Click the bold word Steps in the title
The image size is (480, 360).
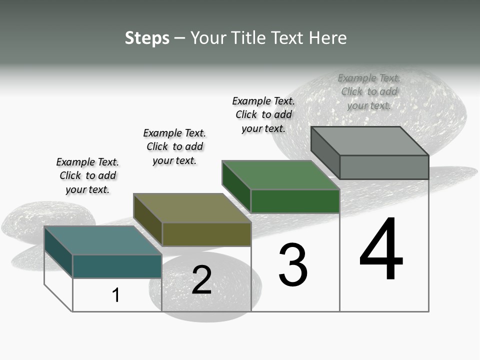(147, 38)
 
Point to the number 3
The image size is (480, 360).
(293, 265)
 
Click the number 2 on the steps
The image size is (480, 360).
(201, 280)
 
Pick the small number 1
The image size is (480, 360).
(116, 295)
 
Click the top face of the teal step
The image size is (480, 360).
(102, 240)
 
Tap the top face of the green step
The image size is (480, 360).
(280, 175)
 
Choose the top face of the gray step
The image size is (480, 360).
(369, 141)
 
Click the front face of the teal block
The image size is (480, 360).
(117, 266)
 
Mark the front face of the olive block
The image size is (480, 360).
(206, 234)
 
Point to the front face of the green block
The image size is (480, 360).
(295, 201)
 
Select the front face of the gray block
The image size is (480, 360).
(384, 167)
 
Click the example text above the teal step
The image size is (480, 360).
(87, 175)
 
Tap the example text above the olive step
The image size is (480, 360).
(174, 146)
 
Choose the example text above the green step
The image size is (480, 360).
(263, 114)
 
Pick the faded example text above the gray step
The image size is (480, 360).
(369, 91)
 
